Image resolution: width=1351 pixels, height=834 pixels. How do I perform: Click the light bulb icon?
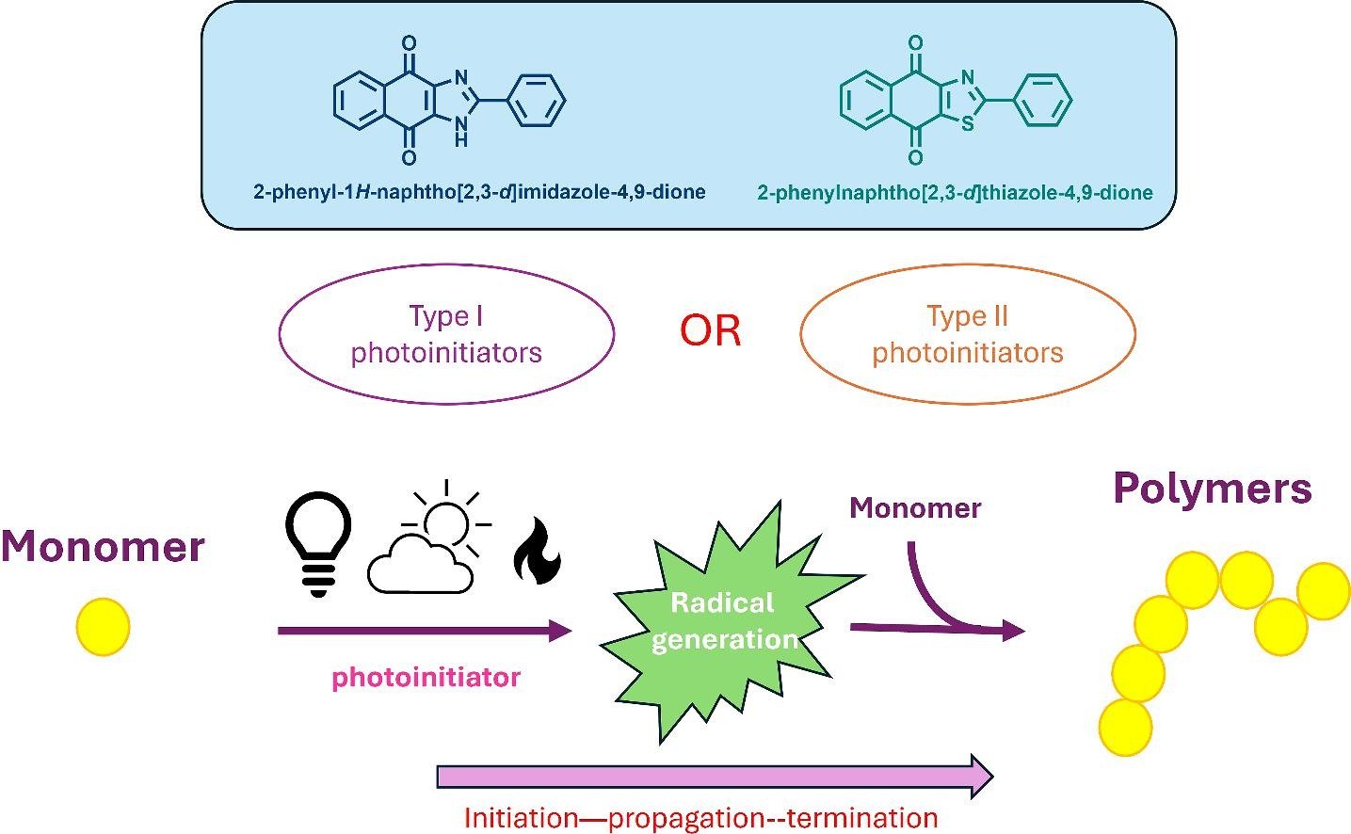[x=318, y=542]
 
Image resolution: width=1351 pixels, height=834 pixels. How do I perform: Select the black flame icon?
[x=537, y=551]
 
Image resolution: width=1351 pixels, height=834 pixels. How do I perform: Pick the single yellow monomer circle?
[x=103, y=627]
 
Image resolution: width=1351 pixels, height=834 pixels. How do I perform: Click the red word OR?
[x=710, y=330]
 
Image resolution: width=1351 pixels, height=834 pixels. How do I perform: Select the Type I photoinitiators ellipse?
[x=446, y=334]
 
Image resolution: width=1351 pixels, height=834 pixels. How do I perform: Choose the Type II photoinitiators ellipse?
[x=967, y=334]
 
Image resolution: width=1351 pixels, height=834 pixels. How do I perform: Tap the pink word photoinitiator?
[x=426, y=677]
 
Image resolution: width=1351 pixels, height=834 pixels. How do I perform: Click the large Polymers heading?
[x=1212, y=489]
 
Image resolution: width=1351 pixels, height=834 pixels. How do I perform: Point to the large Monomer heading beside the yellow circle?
[x=103, y=546]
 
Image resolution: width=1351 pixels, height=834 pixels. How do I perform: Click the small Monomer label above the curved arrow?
[x=915, y=508]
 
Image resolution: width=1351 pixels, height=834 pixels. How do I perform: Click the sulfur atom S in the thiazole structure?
[x=967, y=124]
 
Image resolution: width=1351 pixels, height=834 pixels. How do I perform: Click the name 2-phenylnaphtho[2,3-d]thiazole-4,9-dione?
[x=955, y=193]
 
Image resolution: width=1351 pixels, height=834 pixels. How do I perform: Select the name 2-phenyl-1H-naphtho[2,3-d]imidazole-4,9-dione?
[x=479, y=192]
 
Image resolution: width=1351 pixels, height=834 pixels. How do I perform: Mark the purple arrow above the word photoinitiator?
[x=425, y=631]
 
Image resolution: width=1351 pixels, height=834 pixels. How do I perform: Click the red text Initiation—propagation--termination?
[x=700, y=817]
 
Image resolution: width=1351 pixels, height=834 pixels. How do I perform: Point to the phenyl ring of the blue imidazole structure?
[x=537, y=101]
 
